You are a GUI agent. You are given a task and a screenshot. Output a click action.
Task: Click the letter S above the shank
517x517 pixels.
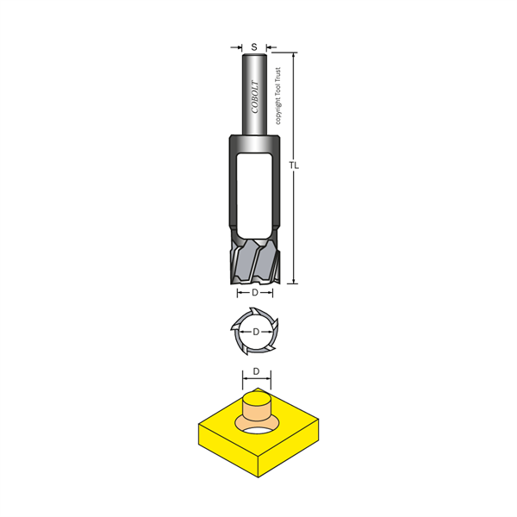tap(254, 47)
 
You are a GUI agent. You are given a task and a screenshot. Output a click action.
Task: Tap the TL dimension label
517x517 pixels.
tap(294, 165)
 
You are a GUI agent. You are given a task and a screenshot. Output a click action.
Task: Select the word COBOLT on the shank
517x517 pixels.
tap(255, 97)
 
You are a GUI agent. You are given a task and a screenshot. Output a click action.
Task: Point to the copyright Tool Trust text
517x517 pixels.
tap(278, 96)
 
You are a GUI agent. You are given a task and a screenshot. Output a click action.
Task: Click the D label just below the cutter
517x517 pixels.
tap(255, 292)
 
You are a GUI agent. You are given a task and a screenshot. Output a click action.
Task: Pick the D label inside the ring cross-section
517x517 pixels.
tap(256, 332)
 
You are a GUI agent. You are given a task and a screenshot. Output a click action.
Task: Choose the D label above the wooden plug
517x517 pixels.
tap(256, 371)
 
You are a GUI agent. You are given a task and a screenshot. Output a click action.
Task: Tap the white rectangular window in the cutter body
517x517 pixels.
tap(254, 196)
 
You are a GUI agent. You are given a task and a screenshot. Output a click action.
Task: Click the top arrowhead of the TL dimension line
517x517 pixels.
tap(293, 55)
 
